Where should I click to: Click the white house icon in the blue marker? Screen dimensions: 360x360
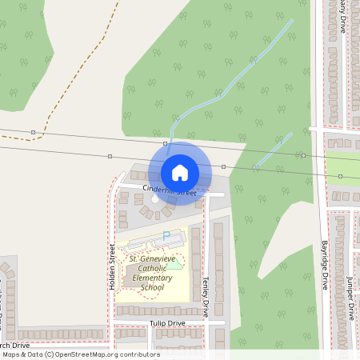(x=180, y=173)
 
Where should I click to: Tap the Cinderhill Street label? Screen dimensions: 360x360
(x=170, y=191)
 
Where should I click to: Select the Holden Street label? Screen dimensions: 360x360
(x=112, y=268)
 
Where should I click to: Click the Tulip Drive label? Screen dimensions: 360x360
(x=167, y=323)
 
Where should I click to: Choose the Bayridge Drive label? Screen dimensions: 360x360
(x=325, y=264)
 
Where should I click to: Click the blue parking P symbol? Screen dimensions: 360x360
(x=166, y=235)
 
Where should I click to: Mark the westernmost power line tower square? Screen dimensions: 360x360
(x=33, y=131)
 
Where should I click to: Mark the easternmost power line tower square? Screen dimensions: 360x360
(x=340, y=176)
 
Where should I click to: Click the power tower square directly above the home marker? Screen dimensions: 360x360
(x=165, y=143)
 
